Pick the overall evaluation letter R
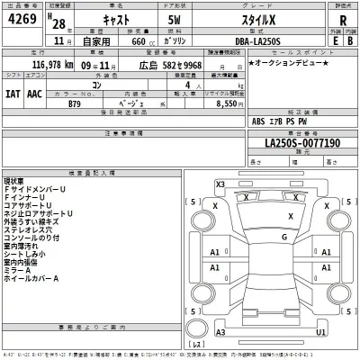pos(343,20)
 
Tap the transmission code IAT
pos(14,92)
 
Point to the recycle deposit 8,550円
pos(249,104)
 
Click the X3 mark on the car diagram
pos(220,184)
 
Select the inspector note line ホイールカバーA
pos(31,279)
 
